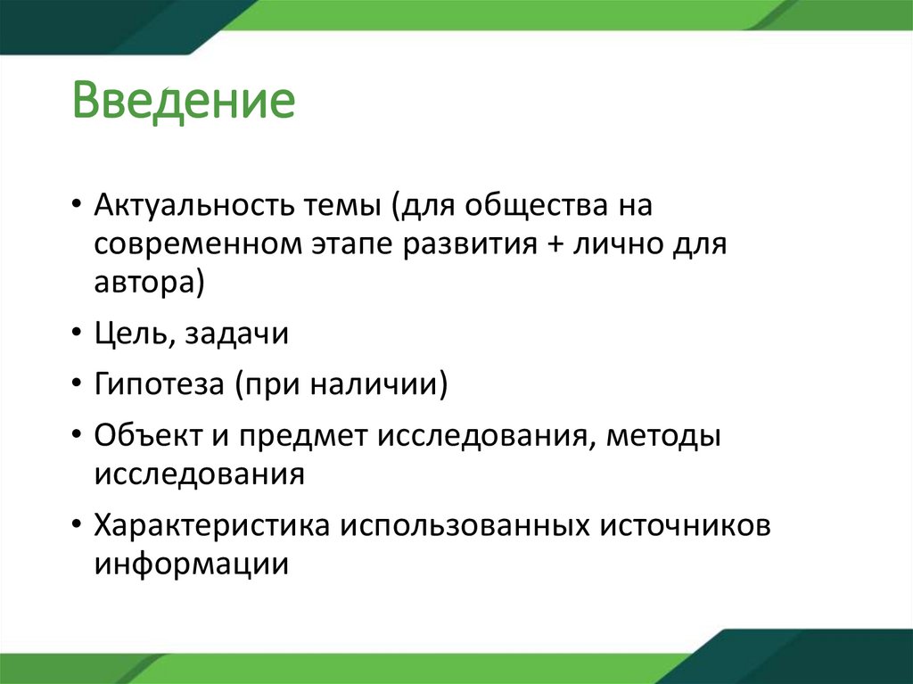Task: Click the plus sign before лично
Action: pos(547,245)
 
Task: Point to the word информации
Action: pos(191,564)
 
